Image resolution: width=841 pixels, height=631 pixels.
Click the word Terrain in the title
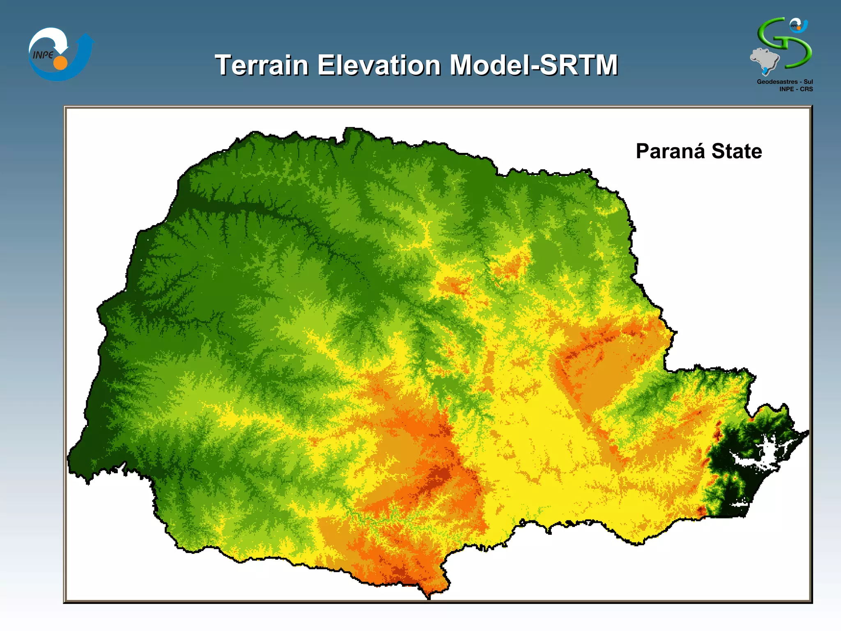[x=261, y=65]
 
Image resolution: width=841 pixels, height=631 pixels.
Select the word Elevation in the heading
[x=379, y=65]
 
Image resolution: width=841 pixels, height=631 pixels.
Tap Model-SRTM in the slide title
[x=533, y=65]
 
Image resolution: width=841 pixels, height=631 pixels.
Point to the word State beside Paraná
[x=737, y=151]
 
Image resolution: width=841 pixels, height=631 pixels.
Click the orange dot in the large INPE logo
[x=60, y=63]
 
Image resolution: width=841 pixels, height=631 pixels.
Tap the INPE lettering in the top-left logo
[x=43, y=55]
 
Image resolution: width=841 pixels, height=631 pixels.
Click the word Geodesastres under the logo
[x=777, y=82]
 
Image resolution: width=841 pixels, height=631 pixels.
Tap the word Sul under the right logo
[x=808, y=82]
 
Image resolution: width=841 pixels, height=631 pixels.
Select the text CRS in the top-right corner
[x=806, y=89]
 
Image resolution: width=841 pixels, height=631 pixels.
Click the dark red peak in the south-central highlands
[x=441, y=474]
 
